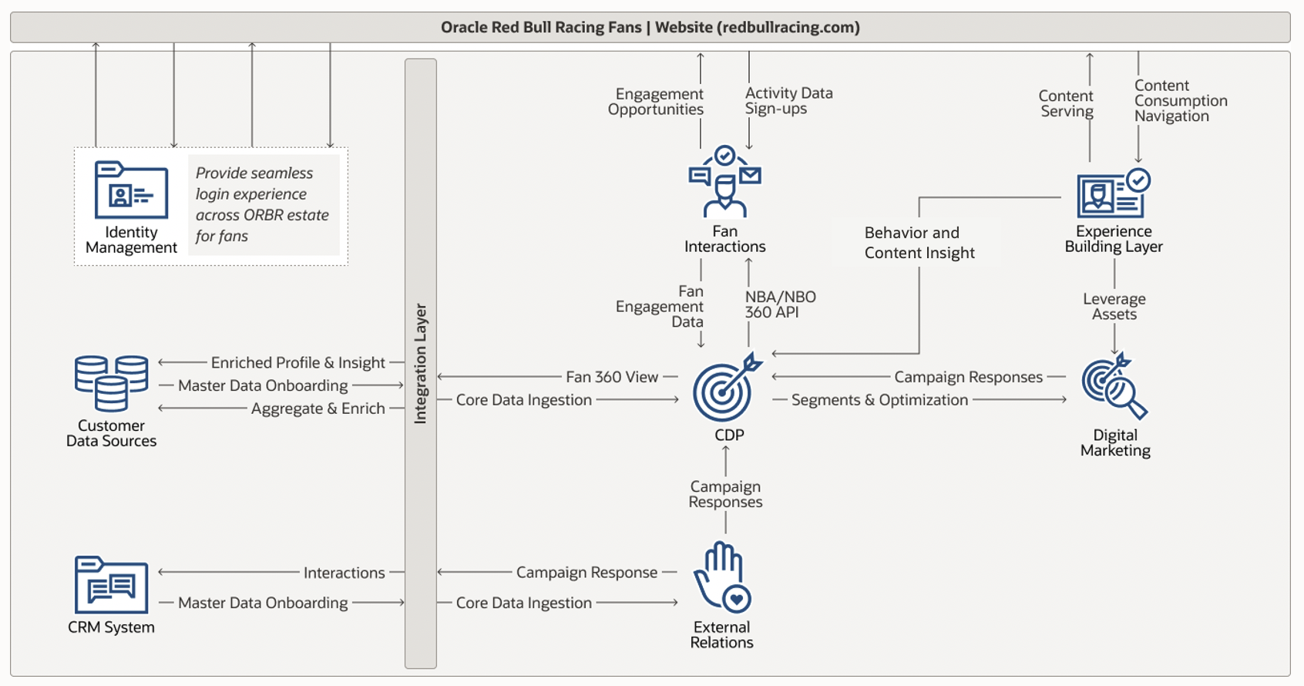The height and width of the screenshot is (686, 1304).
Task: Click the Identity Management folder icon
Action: pyautogui.click(x=131, y=190)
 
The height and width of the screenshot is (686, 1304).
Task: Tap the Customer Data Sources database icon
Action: pyautogui.click(x=111, y=383)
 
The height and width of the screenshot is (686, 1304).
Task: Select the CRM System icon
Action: pyautogui.click(x=111, y=585)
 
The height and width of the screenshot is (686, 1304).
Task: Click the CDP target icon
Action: pyautogui.click(x=725, y=389)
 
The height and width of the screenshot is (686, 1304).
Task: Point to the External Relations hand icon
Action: pyautogui.click(x=721, y=577)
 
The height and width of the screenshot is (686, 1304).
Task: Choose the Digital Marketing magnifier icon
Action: pyautogui.click(x=1114, y=386)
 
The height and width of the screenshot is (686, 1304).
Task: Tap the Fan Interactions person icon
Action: pyautogui.click(x=724, y=182)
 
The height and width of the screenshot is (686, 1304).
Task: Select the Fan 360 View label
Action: pyautogui.click(x=612, y=377)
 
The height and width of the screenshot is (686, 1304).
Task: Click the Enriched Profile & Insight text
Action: pyautogui.click(x=297, y=362)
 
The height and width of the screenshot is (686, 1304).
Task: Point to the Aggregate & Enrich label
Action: pyautogui.click(x=318, y=409)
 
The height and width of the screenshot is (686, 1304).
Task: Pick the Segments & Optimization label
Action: pyautogui.click(x=879, y=400)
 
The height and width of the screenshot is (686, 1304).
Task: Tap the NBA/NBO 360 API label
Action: pyautogui.click(x=780, y=304)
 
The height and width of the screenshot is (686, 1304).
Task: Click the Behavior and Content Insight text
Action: pyautogui.click(x=919, y=243)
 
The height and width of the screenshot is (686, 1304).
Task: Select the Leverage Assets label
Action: pyautogui.click(x=1114, y=306)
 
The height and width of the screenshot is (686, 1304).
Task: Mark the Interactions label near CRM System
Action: pyautogui.click(x=344, y=573)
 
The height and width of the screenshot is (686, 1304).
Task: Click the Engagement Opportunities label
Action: pyautogui.click(x=656, y=102)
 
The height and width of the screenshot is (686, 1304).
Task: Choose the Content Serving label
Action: pyautogui.click(x=1066, y=103)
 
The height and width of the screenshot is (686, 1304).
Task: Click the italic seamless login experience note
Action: pyautogui.click(x=262, y=204)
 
